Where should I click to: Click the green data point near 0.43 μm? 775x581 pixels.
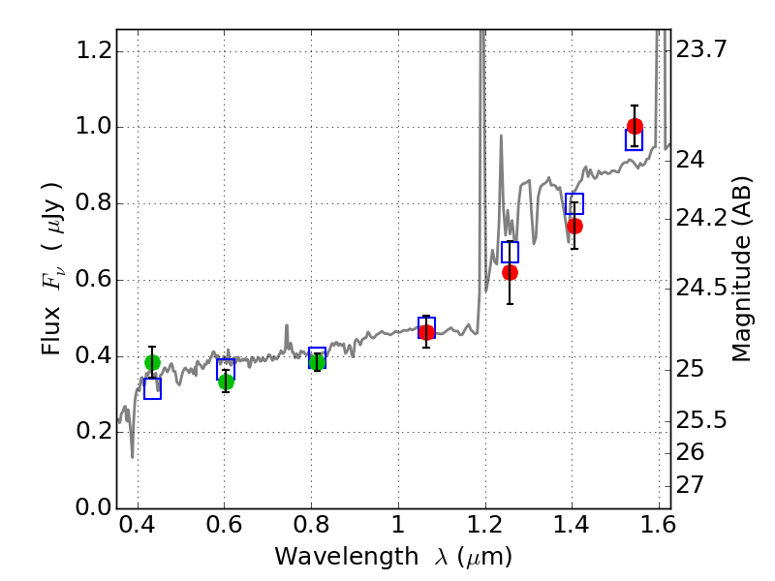152,363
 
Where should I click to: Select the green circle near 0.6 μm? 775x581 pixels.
226,382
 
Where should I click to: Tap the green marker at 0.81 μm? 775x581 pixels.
317,362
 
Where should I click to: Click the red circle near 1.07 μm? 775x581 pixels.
426,332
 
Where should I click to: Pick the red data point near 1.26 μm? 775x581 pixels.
510,272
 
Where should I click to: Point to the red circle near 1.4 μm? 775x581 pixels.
574,226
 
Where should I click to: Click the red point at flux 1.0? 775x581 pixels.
635,126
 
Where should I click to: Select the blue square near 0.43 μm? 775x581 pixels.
152,389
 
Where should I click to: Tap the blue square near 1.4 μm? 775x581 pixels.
574,203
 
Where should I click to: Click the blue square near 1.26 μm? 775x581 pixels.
510,252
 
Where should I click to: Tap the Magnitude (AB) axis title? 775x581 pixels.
742,269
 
